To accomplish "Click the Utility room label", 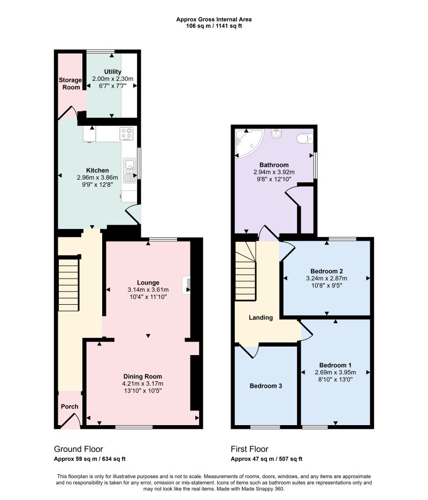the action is [x=112, y=72].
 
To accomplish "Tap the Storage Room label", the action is [x=70, y=83].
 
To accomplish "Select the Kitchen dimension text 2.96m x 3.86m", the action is [x=97, y=178].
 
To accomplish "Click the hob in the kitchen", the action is [x=127, y=134].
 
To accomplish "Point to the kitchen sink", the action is [x=129, y=171].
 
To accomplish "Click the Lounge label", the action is [x=148, y=282].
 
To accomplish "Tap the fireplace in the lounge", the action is [x=186, y=284].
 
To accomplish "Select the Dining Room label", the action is [x=142, y=376].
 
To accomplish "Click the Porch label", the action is [x=70, y=406].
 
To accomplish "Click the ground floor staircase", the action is [x=68, y=284].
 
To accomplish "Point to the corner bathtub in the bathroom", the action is [x=249, y=143].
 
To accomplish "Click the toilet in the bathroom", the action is [x=305, y=139].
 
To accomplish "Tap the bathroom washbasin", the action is [x=276, y=134].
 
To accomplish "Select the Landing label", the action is [x=261, y=318].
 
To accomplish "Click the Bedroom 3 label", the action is [x=266, y=386].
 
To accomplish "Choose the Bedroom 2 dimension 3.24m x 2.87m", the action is [x=326, y=278].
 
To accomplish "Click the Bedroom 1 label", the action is [x=335, y=365].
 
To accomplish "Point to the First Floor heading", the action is [x=249, y=449].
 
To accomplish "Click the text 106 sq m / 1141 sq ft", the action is [x=214, y=26].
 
